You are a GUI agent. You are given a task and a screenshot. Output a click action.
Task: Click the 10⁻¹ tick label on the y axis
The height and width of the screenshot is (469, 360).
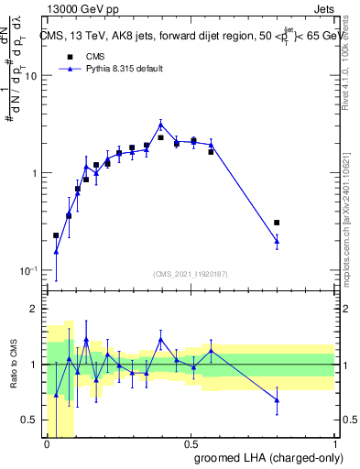pyautogui.click(x=27, y=271)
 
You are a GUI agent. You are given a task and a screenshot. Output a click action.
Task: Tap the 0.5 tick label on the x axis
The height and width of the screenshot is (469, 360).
pyautogui.click(x=191, y=443)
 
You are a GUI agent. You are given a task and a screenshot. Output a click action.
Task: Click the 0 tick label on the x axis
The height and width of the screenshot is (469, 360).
pyautogui.click(x=47, y=443)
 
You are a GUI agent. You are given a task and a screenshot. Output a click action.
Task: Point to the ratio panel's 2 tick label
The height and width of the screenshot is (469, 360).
pyautogui.click(x=34, y=309)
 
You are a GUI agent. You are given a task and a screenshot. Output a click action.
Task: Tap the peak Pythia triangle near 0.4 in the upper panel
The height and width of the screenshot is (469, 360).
pyautogui.click(x=160, y=125)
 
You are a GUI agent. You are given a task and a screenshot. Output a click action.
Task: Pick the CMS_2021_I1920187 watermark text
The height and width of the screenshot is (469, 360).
pyautogui.click(x=189, y=273)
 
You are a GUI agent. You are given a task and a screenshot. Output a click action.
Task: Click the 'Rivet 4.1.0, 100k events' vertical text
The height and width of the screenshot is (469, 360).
pyautogui.click(x=350, y=64)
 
